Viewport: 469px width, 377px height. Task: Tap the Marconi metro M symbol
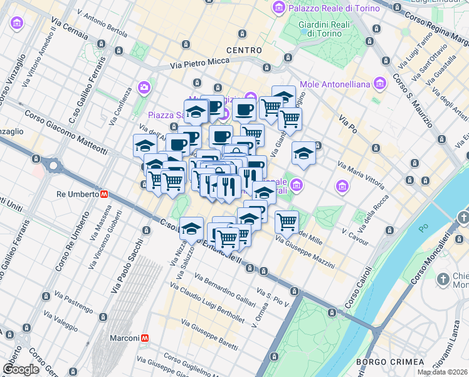click(145, 338)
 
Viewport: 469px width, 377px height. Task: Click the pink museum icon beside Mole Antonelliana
click(379, 84)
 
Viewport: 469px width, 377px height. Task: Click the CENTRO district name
click(245, 50)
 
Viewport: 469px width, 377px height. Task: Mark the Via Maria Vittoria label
click(361, 176)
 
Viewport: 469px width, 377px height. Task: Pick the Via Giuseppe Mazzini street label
click(304, 252)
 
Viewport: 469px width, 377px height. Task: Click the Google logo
click(21, 369)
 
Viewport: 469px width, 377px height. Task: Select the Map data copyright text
click(443, 372)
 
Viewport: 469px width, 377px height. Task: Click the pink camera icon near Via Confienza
click(145, 87)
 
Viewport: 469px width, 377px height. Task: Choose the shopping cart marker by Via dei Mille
click(287, 221)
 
